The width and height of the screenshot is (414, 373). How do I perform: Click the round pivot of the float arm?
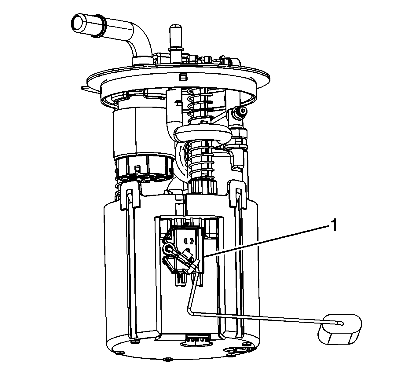[169, 249]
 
